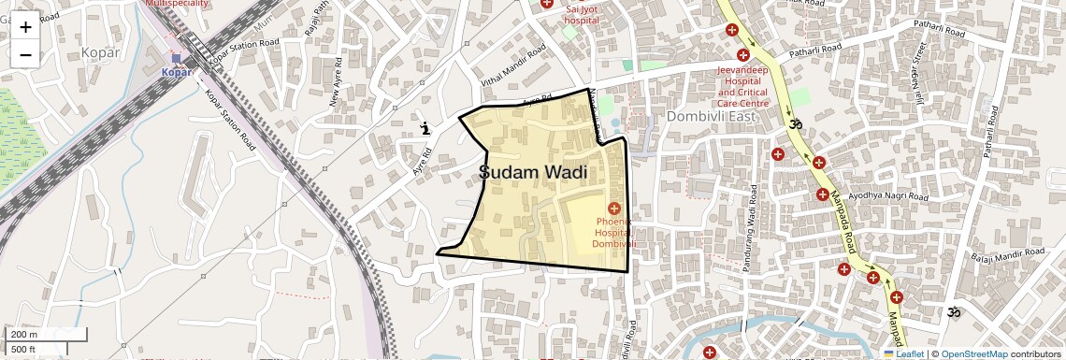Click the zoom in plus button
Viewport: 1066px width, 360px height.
pyautogui.click(x=25, y=27)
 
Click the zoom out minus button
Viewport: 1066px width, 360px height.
pyautogui.click(x=25, y=54)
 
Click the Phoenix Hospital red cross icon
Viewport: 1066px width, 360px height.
pyautogui.click(x=614, y=208)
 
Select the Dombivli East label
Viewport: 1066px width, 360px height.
pyautogui.click(x=711, y=117)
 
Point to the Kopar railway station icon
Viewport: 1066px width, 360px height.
pyautogui.click(x=175, y=59)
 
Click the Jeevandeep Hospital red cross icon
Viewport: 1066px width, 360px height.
pyautogui.click(x=743, y=56)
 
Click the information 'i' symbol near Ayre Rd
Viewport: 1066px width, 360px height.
pyautogui.click(x=426, y=128)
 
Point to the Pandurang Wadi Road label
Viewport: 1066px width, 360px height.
pyautogui.click(x=749, y=230)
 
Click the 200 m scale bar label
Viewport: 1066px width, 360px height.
pyautogui.click(x=24, y=335)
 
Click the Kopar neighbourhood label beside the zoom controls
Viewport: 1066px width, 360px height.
pyautogui.click(x=100, y=52)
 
